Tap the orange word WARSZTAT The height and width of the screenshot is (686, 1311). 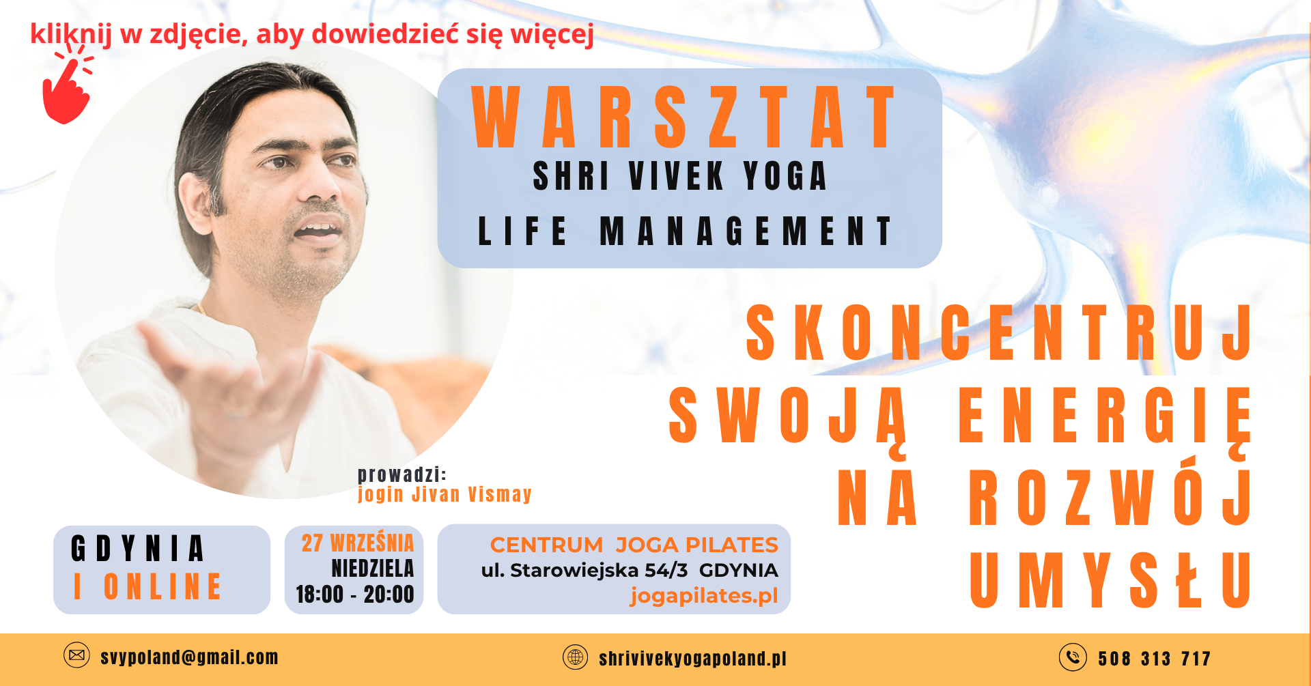coord(683,117)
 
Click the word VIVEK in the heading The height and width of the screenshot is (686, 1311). coord(676,176)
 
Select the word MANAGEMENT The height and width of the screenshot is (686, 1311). coord(746,231)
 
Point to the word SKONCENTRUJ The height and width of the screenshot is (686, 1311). coord(999,332)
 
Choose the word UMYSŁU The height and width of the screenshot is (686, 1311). coord(1110,580)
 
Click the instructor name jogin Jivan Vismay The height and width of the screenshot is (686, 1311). coord(445,494)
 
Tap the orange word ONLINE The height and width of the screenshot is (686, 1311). coord(163,586)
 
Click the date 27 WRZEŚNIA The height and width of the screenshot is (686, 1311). coord(358,543)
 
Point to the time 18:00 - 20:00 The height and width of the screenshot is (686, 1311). coord(354,595)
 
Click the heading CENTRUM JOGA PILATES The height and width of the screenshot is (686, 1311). coord(634,545)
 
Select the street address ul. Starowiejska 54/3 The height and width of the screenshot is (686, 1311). coord(584,571)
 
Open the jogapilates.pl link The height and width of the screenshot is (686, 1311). coord(704,596)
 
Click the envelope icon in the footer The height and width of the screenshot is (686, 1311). coord(76,655)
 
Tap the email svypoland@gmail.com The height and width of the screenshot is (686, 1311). coord(189,657)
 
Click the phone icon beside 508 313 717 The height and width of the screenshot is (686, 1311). coord(1073,657)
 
